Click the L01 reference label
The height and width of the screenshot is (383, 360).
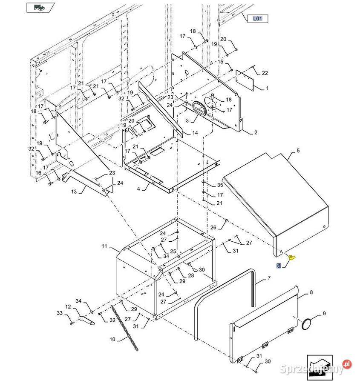pyautogui.click(x=258, y=18)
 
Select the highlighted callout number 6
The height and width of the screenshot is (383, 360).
pyautogui.click(x=279, y=266)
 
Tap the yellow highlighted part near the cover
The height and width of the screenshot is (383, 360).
pyautogui.click(x=292, y=257)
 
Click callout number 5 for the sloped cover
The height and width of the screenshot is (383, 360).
pyautogui.click(x=298, y=151)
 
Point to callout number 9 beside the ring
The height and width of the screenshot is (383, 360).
pyautogui.click(x=324, y=314)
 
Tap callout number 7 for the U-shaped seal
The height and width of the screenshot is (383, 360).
pyautogui.click(x=269, y=278)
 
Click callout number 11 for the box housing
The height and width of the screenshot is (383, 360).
pyautogui.click(x=104, y=246)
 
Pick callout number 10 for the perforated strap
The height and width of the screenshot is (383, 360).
pyautogui.click(x=112, y=339)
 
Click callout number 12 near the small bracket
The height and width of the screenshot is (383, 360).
pyautogui.click(x=68, y=306)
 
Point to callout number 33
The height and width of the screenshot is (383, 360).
pyautogui.click(x=60, y=314)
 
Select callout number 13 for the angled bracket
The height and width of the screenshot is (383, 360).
pyautogui.click(x=74, y=191)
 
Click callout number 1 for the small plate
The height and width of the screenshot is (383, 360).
pyautogui.click(x=267, y=89)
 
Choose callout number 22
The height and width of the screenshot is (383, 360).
pyautogui.click(x=265, y=73)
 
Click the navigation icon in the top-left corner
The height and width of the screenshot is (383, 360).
pyautogui.click(x=40, y=7)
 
